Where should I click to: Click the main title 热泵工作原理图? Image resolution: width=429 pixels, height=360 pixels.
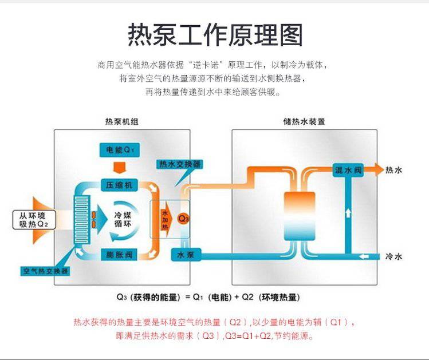[215, 35]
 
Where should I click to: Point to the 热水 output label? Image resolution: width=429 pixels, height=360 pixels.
[394, 170]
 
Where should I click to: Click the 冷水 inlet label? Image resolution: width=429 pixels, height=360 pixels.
[394, 256]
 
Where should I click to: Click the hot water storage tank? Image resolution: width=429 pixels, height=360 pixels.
[299, 216]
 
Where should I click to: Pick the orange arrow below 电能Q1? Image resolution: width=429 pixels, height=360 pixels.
[119, 167]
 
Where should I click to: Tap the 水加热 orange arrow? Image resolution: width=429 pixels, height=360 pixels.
[165, 219]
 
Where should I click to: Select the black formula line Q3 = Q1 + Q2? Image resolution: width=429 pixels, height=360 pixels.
[207, 297]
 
